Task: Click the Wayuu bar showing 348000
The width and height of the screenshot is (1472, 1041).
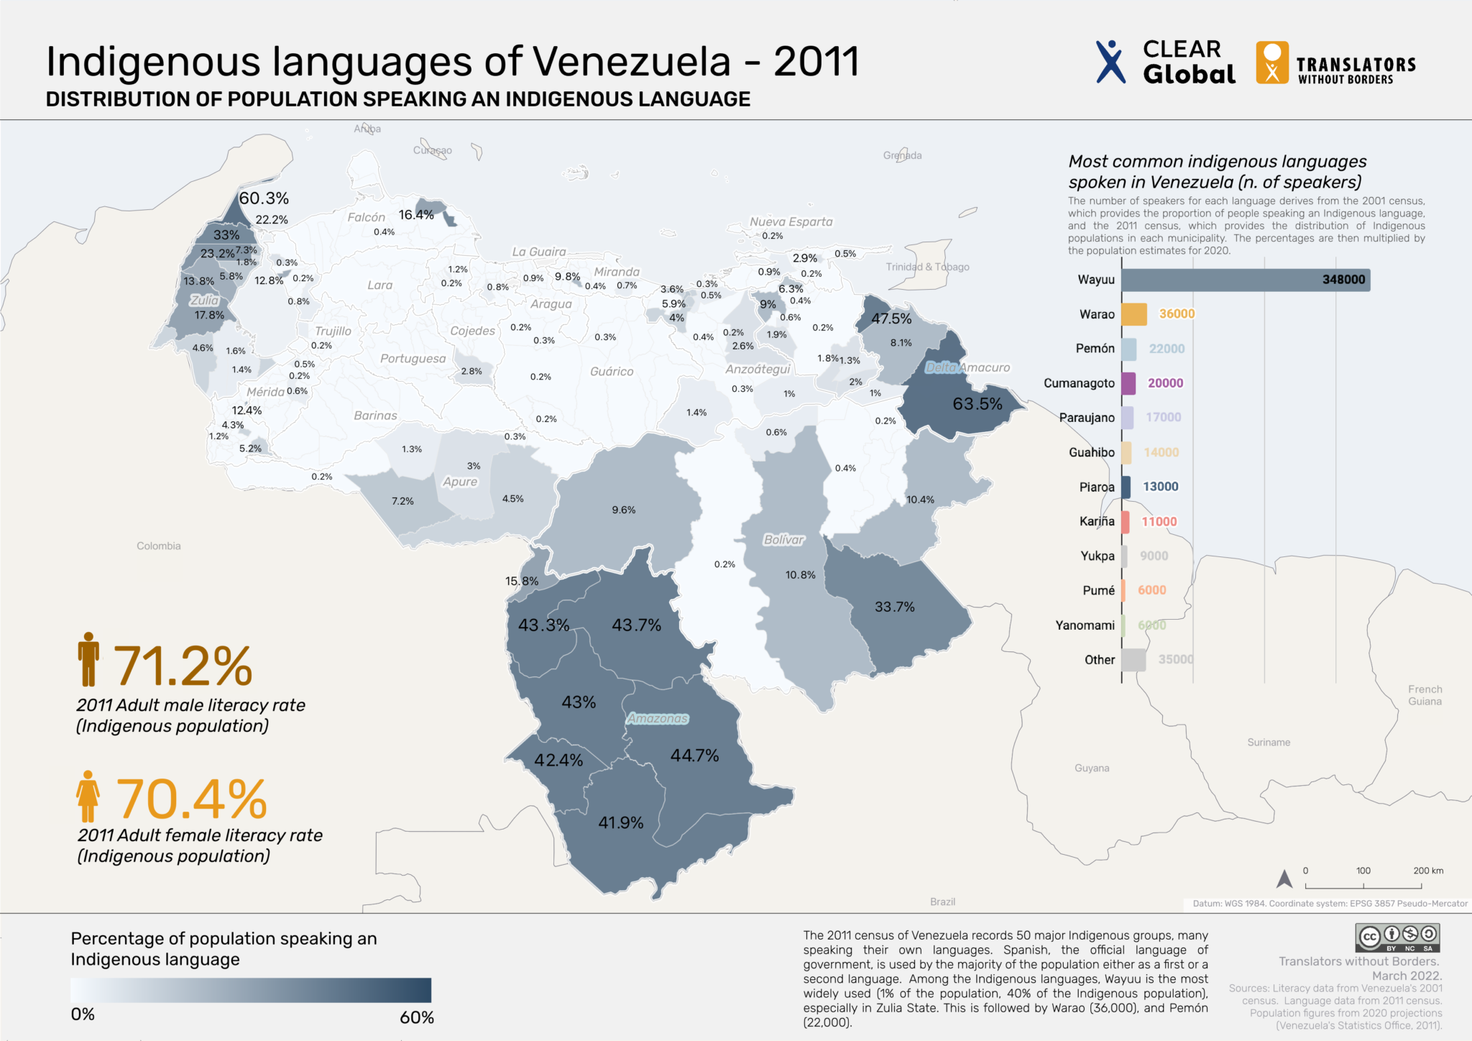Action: [1245, 280]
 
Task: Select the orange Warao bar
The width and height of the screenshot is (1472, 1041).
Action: [1133, 314]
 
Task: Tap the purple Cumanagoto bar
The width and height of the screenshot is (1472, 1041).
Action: [1128, 383]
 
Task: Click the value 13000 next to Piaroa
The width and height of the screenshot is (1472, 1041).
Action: [1160, 487]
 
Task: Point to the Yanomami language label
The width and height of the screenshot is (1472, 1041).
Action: [1085, 625]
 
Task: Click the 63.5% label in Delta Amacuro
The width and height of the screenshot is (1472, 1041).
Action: [977, 404]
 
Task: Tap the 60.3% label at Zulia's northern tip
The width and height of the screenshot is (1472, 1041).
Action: [264, 198]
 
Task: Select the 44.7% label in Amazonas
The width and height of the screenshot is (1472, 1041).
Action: [694, 756]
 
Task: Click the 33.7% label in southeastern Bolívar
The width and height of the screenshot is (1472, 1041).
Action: [894, 607]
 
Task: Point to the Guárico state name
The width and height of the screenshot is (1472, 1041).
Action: [612, 372]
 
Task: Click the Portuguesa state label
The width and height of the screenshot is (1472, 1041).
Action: [413, 359]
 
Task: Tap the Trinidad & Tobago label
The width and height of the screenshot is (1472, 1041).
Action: [927, 267]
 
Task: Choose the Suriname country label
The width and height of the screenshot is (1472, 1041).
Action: [1269, 742]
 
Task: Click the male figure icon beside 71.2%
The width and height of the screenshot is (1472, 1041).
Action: [88, 659]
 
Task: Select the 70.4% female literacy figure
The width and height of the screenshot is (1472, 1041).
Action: [191, 799]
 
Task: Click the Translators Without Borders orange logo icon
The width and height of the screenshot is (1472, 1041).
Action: [1271, 63]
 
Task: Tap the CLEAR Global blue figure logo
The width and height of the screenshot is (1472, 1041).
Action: [1110, 62]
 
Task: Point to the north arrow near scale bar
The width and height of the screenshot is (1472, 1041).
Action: [1284, 879]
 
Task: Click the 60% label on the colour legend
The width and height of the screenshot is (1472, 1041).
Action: [416, 1017]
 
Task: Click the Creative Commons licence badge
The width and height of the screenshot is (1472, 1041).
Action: [1397, 937]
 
